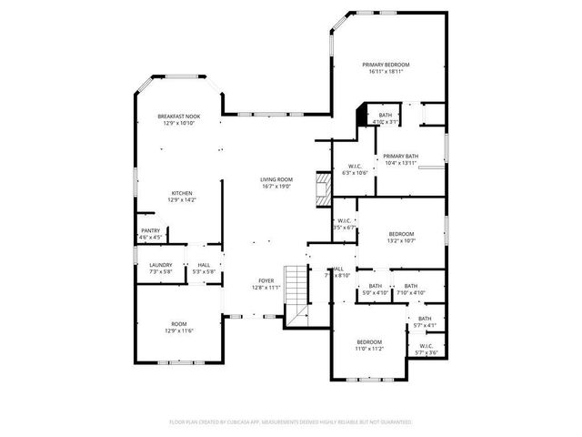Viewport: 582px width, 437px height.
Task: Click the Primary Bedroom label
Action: tap(386, 65)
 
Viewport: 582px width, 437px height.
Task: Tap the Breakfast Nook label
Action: tap(178, 117)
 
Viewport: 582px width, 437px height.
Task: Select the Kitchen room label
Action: tap(182, 193)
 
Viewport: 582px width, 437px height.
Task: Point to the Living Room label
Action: tap(276, 179)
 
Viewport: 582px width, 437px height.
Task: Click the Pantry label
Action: tap(150, 231)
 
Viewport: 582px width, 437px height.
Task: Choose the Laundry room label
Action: tap(161, 265)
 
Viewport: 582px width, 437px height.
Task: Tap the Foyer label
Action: tap(266, 280)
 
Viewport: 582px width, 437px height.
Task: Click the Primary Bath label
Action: tap(400, 156)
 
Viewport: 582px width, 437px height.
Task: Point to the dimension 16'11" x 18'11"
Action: tap(386, 72)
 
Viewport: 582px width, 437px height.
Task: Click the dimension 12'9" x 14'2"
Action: tap(182, 200)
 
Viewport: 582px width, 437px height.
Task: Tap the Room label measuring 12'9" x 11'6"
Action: tap(178, 324)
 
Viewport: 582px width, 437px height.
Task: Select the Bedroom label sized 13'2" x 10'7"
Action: tap(401, 234)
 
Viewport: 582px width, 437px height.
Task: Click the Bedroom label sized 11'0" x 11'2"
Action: tap(368, 341)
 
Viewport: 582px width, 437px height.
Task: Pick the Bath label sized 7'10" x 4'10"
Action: tap(411, 286)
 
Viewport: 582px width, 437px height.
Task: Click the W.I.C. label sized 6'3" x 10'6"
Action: tap(355, 166)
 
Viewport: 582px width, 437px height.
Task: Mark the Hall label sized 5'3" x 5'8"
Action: tap(205, 265)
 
